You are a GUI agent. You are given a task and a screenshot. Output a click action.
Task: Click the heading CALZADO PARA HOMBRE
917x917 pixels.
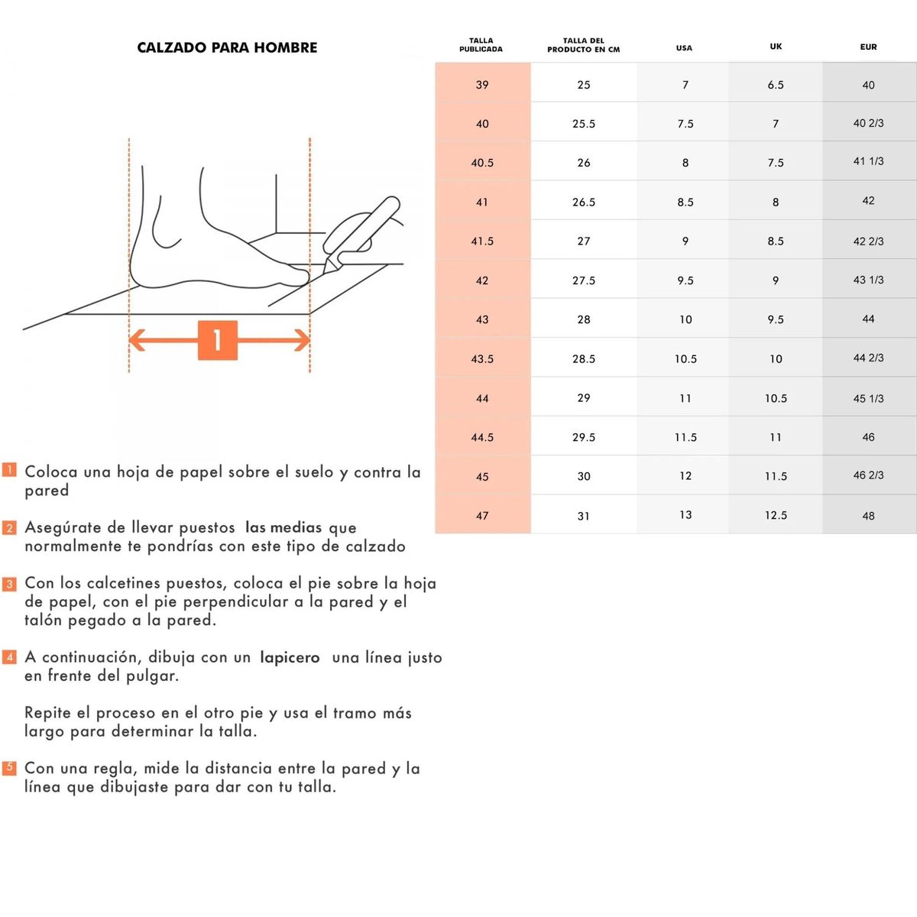pos(227,47)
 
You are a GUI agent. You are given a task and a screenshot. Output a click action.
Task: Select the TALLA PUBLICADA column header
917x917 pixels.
pos(481,45)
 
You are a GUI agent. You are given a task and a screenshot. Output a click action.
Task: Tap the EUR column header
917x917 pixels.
pos(868,47)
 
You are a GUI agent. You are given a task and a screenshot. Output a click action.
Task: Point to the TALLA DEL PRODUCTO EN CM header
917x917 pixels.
pos(583,45)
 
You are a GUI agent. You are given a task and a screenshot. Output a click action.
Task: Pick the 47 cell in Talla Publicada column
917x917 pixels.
pos(482,516)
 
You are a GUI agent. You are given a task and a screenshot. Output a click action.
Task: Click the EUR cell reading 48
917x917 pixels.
pos(868,516)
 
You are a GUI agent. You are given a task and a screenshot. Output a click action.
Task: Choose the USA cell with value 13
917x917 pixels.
pos(685,515)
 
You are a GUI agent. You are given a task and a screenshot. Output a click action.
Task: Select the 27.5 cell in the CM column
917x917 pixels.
pos(584,280)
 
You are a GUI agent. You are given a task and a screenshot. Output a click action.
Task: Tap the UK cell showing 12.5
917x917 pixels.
pos(776,516)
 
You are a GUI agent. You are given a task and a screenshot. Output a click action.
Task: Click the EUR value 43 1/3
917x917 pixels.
pos(868,280)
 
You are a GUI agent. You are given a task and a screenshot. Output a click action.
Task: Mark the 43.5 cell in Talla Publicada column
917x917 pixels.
pos(482,359)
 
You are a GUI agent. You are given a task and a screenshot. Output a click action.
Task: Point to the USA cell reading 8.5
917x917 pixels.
pos(685,203)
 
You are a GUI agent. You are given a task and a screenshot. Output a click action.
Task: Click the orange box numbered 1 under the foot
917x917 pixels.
pos(218,340)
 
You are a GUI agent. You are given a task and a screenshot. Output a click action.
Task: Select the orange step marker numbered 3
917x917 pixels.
pos(9,584)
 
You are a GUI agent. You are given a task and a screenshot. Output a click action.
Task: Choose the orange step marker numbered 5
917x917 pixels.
pos(9,767)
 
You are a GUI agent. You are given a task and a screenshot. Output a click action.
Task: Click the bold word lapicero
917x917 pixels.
pos(290,658)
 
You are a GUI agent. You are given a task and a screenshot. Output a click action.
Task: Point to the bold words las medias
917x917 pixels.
pos(284,527)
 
